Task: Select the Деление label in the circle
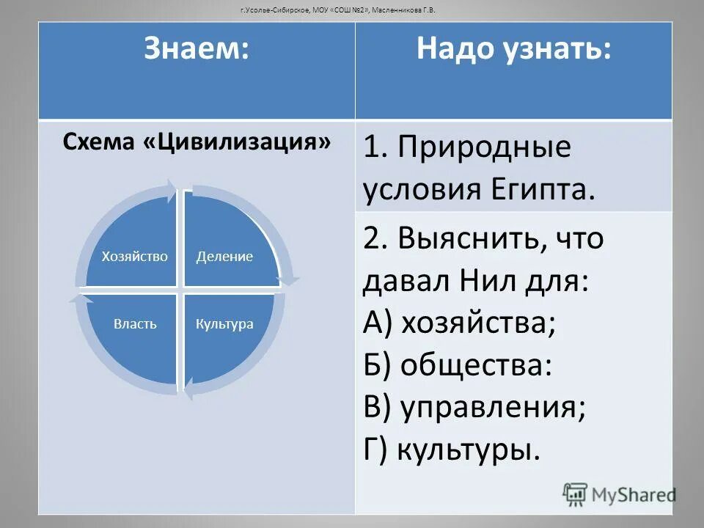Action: (224, 256)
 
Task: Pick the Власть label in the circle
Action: (135, 323)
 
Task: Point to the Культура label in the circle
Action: (224, 323)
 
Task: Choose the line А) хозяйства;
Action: (459, 323)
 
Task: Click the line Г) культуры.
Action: (452, 449)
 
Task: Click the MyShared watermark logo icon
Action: (576, 494)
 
